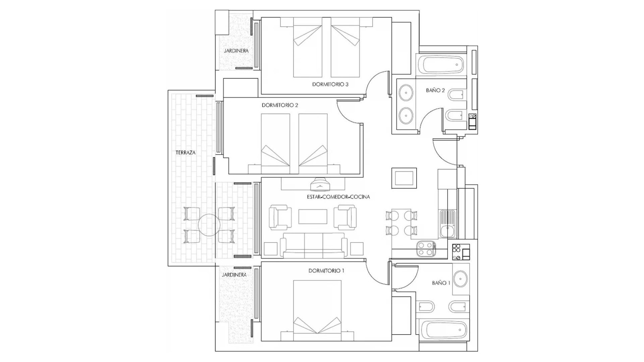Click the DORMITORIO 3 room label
(330, 84)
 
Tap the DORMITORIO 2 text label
(280, 105)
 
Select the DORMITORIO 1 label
(326, 270)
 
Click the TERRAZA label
(185, 153)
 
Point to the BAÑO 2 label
(435, 90)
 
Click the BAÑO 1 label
(441, 283)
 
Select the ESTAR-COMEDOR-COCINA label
(338, 197)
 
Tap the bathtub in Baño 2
(443, 65)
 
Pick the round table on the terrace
(209, 225)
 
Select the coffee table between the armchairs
(313, 217)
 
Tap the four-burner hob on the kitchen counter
(426, 249)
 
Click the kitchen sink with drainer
(447, 224)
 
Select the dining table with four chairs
(401, 223)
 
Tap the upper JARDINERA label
(236, 51)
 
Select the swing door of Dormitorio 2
(349, 114)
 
